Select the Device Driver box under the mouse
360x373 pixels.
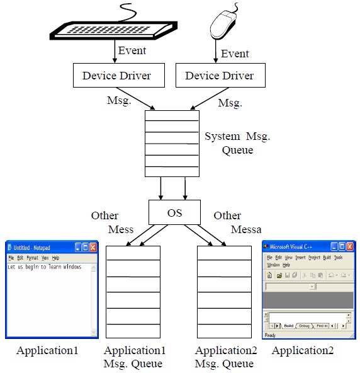coord(220,76)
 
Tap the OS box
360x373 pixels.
coord(174,213)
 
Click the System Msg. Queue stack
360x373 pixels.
coord(171,144)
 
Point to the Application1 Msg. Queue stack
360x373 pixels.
coord(133,292)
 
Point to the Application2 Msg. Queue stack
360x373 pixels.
coord(225,292)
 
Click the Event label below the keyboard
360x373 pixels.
coord(132,50)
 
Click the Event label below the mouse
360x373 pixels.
coord(235,54)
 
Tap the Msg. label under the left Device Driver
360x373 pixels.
coord(120,101)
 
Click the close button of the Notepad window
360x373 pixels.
coord(93,248)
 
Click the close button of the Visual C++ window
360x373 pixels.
coord(350,247)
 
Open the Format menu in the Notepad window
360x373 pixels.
coord(32,258)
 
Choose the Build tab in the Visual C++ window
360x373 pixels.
coord(289,326)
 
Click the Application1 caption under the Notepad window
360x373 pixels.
coord(47,351)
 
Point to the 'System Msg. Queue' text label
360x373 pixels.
coord(237,143)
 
